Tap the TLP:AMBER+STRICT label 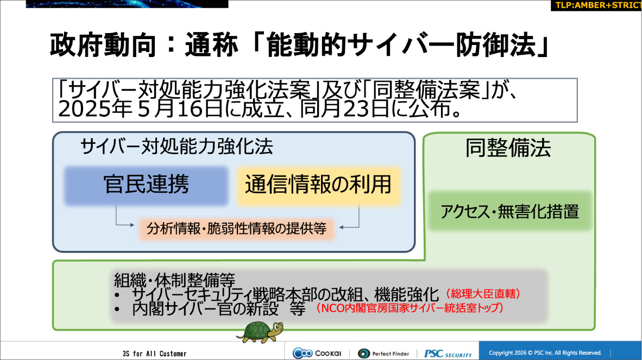pyautogui.click(x=596, y=5)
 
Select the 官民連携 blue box pyautogui.click(x=146, y=185)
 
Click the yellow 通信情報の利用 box pyautogui.click(x=318, y=185)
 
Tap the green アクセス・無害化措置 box pyautogui.click(x=509, y=211)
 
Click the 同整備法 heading pyautogui.click(x=508, y=148)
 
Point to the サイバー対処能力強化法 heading pyautogui.click(x=177, y=147)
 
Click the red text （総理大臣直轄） pyautogui.click(x=483, y=294)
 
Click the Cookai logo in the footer pyautogui.click(x=317, y=353)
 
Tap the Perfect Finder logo pyautogui.click(x=383, y=353)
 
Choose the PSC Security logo pyautogui.click(x=448, y=353)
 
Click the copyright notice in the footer pyautogui.click(x=545, y=353)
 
